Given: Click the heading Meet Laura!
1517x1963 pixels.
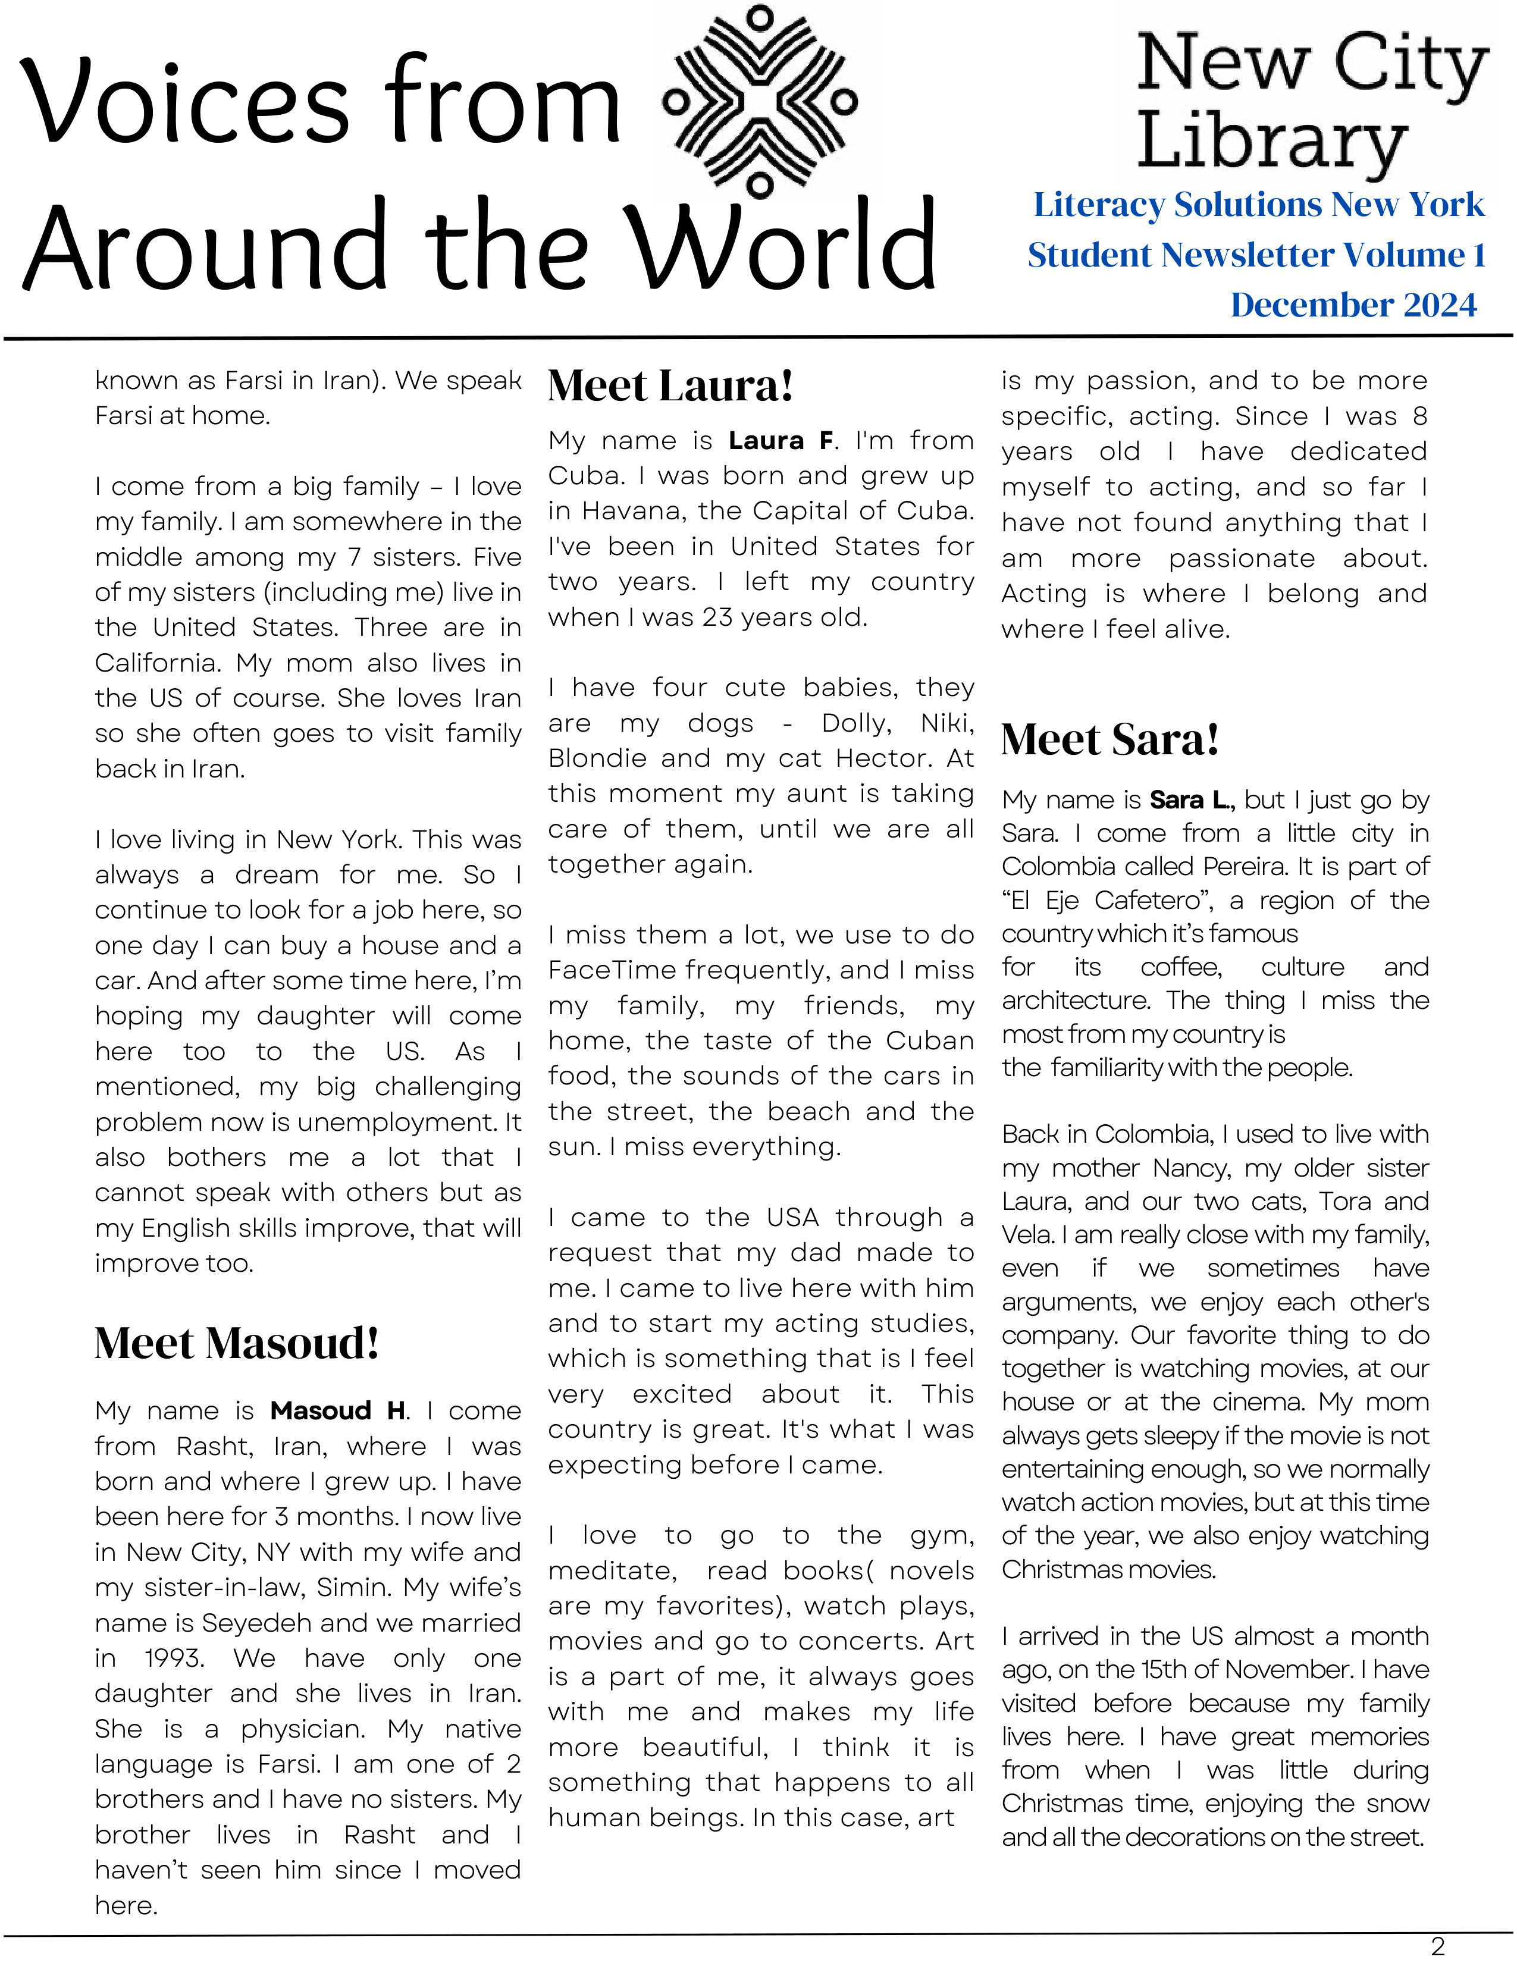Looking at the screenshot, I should (x=670, y=385).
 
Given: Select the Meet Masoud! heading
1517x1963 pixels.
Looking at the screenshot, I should (x=236, y=1343).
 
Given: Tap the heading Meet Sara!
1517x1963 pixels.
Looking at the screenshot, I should (x=1110, y=740).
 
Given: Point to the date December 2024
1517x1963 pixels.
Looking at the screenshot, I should (x=1353, y=305).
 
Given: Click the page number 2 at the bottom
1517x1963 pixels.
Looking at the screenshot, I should (x=1437, y=1947).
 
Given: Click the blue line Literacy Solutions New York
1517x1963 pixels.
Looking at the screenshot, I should (x=1258, y=205).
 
